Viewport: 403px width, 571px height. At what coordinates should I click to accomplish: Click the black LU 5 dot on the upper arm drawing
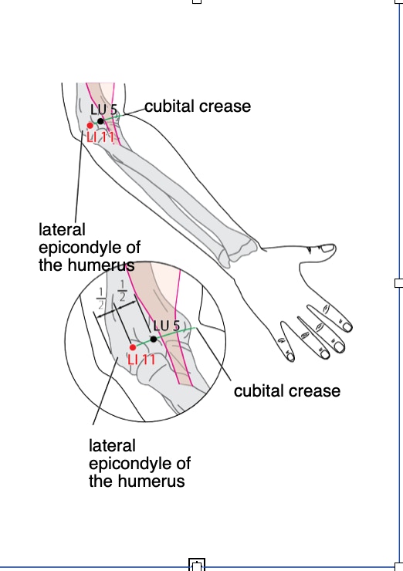click(x=100, y=121)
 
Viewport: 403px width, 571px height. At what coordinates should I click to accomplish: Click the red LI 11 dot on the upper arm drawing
click(x=90, y=126)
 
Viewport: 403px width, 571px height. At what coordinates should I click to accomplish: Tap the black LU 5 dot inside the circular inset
click(x=154, y=339)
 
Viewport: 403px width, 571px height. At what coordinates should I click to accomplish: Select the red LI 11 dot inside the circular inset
click(x=133, y=347)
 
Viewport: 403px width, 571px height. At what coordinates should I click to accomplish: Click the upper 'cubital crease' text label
click(x=198, y=106)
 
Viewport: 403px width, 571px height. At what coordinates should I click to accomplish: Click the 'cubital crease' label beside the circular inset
click(x=287, y=390)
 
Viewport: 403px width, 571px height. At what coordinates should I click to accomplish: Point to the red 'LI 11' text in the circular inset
click(x=141, y=360)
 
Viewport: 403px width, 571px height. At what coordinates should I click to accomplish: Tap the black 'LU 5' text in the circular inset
click(x=167, y=325)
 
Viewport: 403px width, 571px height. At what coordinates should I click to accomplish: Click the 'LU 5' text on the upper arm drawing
click(x=104, y=110)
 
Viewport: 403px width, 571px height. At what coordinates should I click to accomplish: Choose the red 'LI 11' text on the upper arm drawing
click(x=100, y=137)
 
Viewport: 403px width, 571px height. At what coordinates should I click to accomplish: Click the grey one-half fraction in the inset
click(x=100, y=298)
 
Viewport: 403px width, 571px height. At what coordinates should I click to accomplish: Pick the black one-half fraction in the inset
click(x=122, y=291)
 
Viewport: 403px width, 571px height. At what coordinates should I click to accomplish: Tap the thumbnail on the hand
click(x=327, y=248)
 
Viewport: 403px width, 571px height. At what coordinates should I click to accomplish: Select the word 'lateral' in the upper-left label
click(x=62, y=230)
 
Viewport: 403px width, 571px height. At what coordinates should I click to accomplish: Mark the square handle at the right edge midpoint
click(x=398, y=283)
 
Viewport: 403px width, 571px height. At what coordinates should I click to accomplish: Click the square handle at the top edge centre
click(x=196, y=2)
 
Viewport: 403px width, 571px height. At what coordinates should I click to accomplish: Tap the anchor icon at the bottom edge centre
click(x=197, y=565)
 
